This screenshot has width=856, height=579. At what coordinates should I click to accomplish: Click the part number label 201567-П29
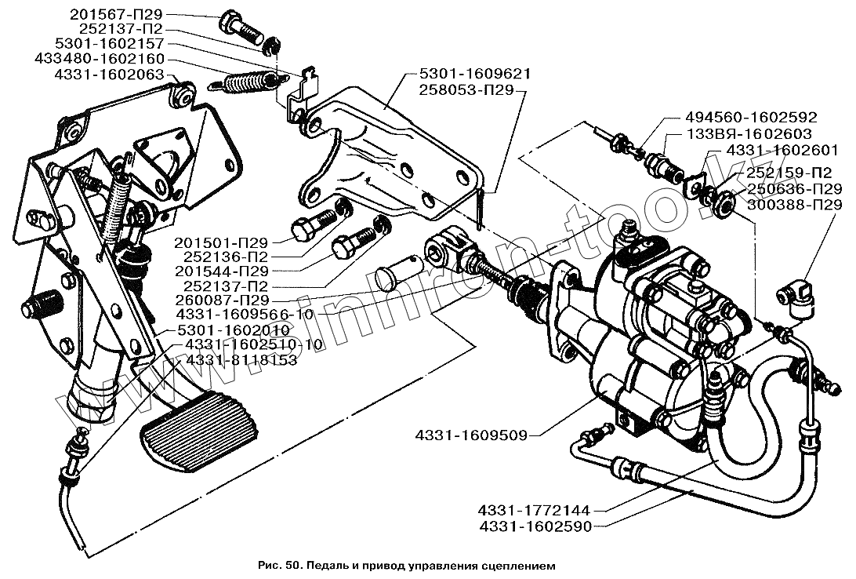116,15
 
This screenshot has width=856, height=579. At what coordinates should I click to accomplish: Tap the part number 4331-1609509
471,435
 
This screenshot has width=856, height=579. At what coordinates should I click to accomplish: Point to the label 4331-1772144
534,511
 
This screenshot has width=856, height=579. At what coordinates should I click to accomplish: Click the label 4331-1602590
535,526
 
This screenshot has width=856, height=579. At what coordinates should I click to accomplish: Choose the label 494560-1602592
751,117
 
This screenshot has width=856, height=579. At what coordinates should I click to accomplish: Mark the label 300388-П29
795,205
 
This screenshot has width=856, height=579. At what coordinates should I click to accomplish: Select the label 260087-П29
222,300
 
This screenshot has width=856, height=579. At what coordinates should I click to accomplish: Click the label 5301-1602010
233,330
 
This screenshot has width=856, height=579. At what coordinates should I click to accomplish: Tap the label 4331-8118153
241,361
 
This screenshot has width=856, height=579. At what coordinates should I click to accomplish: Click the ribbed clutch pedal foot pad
199,431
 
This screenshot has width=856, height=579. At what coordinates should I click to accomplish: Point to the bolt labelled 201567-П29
241,27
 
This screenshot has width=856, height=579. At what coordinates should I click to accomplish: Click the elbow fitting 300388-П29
795,297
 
